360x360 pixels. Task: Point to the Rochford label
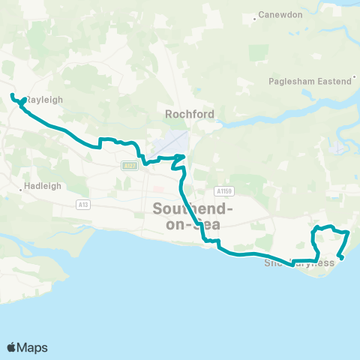coord(190,114)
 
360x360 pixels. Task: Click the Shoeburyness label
coord(299,263)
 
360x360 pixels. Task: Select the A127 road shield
coord(128,166)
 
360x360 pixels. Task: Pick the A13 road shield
coord(82,203)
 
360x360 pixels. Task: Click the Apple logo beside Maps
coord(11,347)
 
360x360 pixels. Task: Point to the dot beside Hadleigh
coord(21,190)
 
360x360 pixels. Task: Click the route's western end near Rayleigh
coord(12,94)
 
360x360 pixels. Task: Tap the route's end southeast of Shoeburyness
coord(342,257)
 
